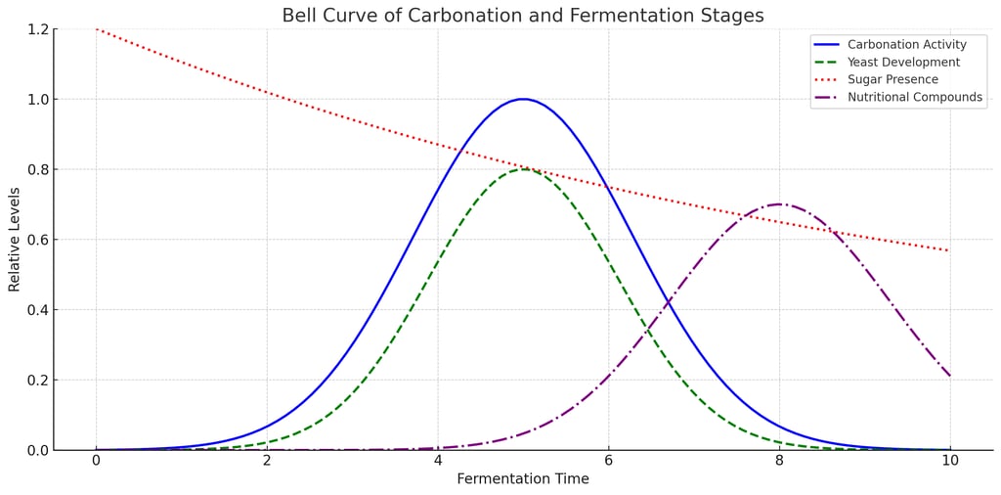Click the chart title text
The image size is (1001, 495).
523,16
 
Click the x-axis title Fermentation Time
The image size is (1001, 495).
523,479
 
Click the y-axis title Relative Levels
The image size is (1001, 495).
15,240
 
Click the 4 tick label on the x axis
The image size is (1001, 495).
438,461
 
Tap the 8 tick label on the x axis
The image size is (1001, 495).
779,461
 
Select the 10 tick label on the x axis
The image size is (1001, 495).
949,461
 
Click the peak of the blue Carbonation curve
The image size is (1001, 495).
523,99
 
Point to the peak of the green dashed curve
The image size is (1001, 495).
523,169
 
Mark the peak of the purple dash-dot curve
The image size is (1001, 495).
779,204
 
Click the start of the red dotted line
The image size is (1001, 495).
97,29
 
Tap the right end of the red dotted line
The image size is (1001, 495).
949,250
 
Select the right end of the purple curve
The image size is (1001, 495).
949,376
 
